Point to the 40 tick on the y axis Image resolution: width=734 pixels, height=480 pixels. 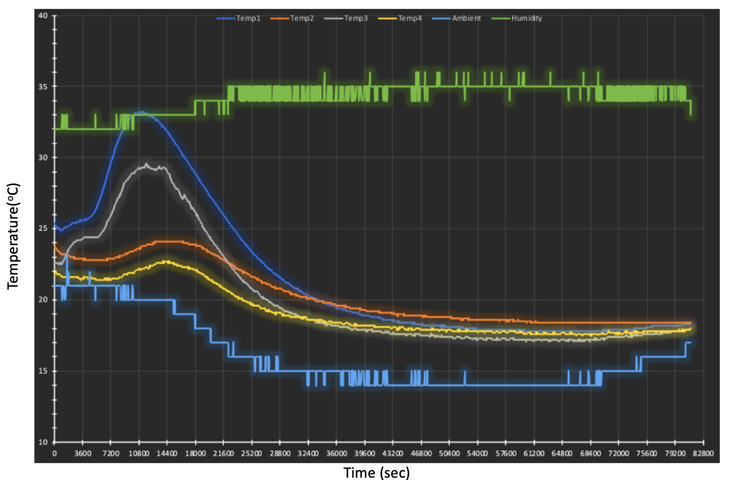pyautogui.click(x=43, y=16)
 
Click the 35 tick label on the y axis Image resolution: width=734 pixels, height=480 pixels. pyautogui.click(x=43, y=87)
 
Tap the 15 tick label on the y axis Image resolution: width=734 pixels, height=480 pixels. pyautogui.click(x=43, y=371)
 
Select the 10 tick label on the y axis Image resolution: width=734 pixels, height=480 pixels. pyautogui.click(x=43, y=442)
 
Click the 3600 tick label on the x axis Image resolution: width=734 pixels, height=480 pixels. pyautogui.click(x=83, y=453)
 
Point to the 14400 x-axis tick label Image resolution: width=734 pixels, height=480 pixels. pyautogui.click(x=167, y=453)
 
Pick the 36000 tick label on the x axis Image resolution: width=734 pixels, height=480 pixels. pyautogui.click(x=336, y=453)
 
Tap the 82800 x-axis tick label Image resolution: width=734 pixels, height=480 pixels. pyautogui.click(x=703, y=453)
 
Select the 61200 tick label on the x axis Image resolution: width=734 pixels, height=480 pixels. pyautogui.click(x=534, y=453)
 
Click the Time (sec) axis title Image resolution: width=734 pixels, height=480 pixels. pyautogui.click(x=377, y=472)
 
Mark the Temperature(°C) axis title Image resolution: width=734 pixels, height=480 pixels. pyautogui.click(x=13, y=236)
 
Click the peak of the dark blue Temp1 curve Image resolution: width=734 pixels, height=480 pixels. pyautogui.click(x=142, y=112)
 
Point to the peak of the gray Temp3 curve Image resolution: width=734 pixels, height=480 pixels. pyautogui.click(x=146, y=164)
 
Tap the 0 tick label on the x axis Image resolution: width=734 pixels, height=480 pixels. pyautogui.click(x=55, y=453)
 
